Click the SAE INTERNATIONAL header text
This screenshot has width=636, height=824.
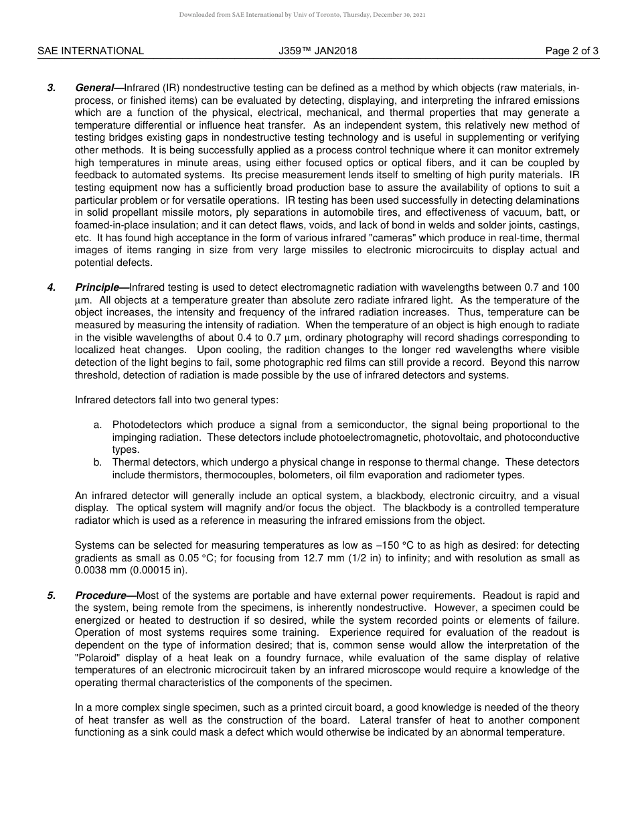click(x=90, y=51)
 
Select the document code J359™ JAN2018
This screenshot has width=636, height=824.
click(x=318, y=51)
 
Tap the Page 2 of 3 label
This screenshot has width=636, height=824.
click(x=572, y=51)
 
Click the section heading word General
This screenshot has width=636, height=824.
click(x=95, y=88)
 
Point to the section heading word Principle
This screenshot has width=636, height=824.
click(x=97, y=287)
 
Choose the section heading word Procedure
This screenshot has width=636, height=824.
click(x=100, y=596)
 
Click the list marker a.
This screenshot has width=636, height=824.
click(x=98, y=425)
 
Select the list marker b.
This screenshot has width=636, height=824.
click(x=98, y=462)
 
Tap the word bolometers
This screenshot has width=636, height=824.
click(x=305, y=475)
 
